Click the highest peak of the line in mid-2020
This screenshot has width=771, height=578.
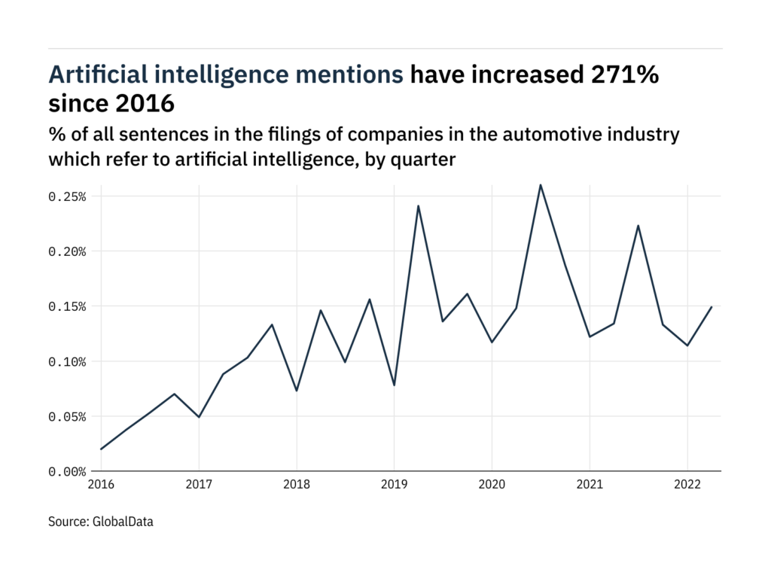[541, 185]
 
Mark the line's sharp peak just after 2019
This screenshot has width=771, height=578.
[418, 206]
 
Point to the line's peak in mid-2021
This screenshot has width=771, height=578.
[638, 226]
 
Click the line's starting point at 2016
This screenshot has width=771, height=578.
[101, 449]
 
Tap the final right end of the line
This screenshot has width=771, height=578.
[712, 307]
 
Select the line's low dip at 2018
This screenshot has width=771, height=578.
[297, 391]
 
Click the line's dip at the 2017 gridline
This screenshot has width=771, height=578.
[199, 417]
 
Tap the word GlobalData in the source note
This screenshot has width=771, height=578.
[123, 520]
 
